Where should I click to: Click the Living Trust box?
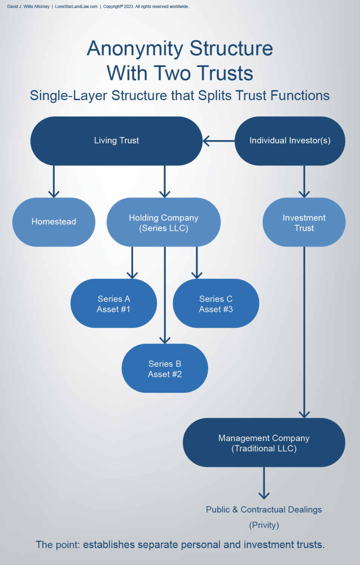[116, 141]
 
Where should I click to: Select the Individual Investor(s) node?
[290, 141]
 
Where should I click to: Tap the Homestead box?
[54, 222]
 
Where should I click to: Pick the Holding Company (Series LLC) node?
[164, 223]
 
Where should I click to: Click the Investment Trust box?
[304, 223]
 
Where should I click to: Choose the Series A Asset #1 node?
[113, 304]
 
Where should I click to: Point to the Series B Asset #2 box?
[165, 369]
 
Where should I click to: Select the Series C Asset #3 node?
[216, 304]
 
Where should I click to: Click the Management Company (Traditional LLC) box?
[264, 443]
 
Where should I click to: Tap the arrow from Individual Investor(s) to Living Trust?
[219, 141]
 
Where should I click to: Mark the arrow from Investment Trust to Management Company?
[304, 331]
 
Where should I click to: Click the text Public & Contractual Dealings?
[264, 510]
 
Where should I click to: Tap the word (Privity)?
[264, 525]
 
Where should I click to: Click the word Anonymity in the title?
[135, 49]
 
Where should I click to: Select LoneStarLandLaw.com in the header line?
[76, 6]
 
